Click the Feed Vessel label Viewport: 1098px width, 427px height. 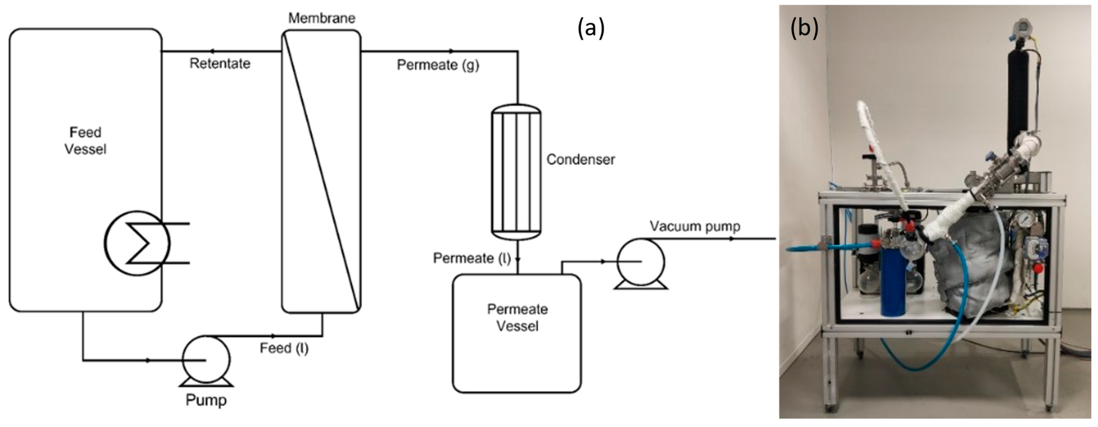[x=85, y=141]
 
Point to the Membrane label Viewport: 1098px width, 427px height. [x=321, y=18]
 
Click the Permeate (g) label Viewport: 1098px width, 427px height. [x=438, y=65]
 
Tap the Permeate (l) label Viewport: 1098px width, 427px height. [x=471, y=258]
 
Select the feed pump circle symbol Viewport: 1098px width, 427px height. [x=206, y=359]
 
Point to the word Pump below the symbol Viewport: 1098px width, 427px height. [x=206, y=400]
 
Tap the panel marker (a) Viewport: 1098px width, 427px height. [x=591, y=29]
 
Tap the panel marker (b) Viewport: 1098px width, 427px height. [x=804, y=29]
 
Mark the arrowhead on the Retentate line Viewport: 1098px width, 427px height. [x=212, y=51]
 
